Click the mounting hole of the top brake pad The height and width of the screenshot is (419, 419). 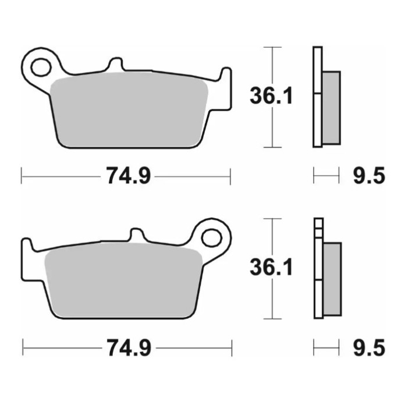point(41,67)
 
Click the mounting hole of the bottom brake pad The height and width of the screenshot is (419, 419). point(212,238)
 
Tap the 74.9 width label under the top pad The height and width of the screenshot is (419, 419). point(128,176)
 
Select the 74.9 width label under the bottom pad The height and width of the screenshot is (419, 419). point(129,347)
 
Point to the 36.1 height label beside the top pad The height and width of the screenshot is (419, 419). point(271,95)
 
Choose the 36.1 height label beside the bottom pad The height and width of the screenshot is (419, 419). point(271,267)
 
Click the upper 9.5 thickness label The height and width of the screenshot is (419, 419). point(369,176)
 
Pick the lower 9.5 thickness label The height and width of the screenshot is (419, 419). point(369,347)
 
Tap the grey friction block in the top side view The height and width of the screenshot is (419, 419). point(331,108)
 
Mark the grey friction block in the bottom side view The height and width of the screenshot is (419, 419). point(332,279)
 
